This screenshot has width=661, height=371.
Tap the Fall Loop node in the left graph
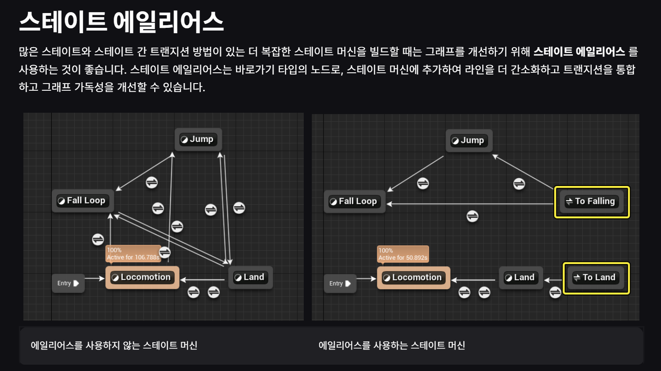tap(82, 201)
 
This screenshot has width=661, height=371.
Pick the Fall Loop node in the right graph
tap(354, 201)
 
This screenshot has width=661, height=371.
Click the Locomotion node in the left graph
tap(142, 277)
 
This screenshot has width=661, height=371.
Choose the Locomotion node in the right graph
tap(413, 278)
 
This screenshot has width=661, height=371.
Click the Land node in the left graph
tap(250, 278)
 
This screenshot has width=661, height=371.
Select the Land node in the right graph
tap(520, 278)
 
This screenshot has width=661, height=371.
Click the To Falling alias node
tap(591, 201)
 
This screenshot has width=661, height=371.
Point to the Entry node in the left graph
tap(68, 283)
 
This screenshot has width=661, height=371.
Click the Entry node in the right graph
tap(340, 284)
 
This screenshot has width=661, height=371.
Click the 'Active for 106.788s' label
tap(133, 257)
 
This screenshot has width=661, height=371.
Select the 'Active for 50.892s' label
tap(403, 258)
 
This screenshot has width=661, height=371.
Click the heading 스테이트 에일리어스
tap(121, 22)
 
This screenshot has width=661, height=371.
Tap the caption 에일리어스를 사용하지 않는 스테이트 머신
tap(114, 345)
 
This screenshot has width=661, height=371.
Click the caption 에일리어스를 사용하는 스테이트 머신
tap(392, 345)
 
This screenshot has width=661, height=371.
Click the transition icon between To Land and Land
tap(555, 293)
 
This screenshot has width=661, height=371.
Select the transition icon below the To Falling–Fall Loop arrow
tap(472, 216)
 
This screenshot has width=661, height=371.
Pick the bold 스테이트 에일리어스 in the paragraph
tap(579, 52)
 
